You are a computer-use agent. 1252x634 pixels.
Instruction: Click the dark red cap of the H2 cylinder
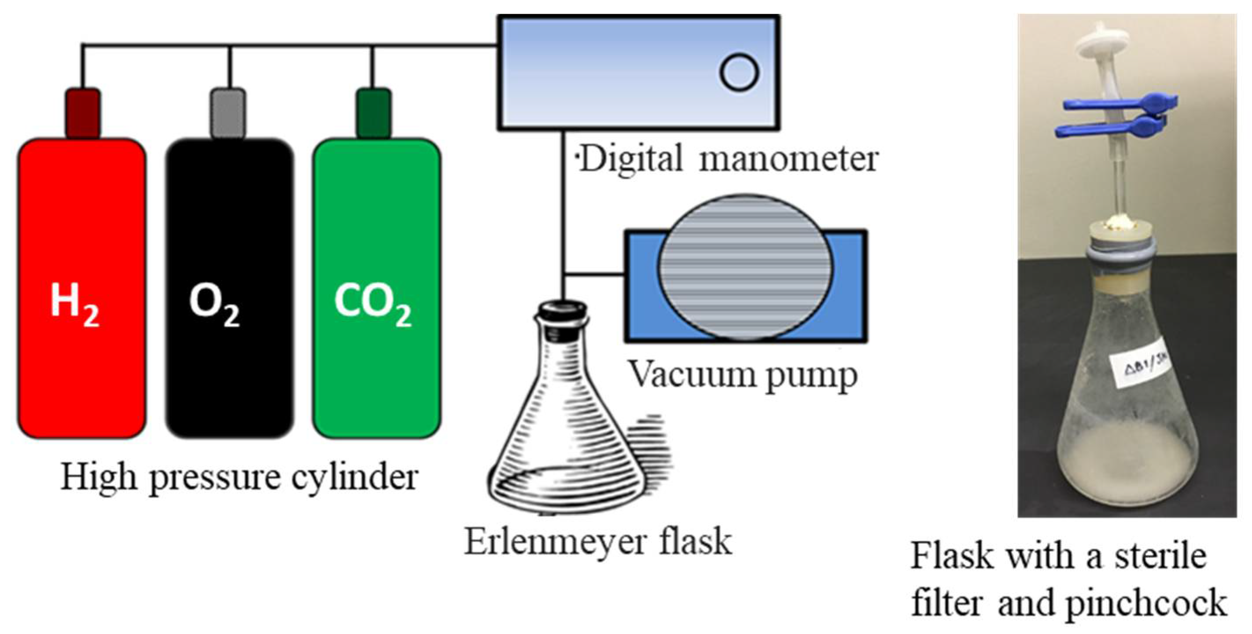83,113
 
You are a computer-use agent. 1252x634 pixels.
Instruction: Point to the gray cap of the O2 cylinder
228,113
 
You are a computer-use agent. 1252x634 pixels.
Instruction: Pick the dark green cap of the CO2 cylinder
373,113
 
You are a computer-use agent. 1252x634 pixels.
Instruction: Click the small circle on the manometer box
739,73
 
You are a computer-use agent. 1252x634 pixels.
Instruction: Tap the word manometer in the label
788,159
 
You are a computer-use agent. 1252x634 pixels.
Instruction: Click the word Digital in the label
631,159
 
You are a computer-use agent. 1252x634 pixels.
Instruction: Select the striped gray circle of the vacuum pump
744,267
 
